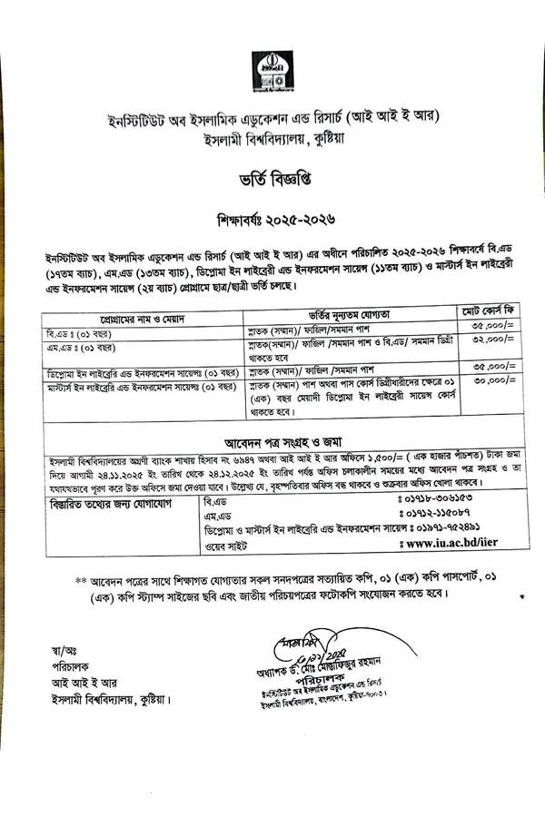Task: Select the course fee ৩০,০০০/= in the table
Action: (x=493, y=382)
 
